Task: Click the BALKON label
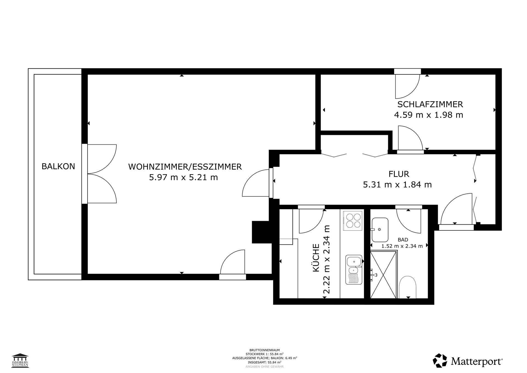point(58,166)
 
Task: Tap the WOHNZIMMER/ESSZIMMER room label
point(185,167)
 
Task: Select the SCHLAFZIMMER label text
point(430,104)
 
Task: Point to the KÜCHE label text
point(316,258)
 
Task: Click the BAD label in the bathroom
point(403,240)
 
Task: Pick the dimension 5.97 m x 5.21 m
point(183,177)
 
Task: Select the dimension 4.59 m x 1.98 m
point(428,115)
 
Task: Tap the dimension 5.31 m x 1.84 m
point(397,185)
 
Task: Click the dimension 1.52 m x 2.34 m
point(402,246)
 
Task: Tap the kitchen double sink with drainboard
point(354,270)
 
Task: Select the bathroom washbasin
point(380,230)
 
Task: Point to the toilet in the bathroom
point(408,287)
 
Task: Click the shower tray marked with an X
point(383,275)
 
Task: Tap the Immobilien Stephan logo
point(20,360)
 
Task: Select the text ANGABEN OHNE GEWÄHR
point(265,367)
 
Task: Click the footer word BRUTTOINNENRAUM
point(265,350)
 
